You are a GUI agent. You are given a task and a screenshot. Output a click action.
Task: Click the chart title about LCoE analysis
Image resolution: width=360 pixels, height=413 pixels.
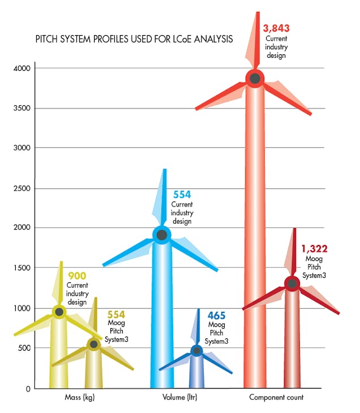(134, 40)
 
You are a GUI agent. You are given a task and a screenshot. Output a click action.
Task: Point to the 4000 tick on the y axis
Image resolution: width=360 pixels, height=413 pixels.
(23, 68)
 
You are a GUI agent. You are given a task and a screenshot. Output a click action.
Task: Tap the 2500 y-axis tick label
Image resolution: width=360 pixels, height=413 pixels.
(23, 188)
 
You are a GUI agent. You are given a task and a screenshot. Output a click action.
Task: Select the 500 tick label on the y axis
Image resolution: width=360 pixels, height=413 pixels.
(25, 349)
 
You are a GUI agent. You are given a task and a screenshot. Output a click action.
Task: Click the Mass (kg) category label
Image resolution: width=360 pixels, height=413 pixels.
(80, 398)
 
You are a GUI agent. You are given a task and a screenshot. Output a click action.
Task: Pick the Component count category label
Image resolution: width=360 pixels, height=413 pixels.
(276, 398)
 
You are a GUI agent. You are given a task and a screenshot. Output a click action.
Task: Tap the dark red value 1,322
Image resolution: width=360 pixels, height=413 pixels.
(314, 248)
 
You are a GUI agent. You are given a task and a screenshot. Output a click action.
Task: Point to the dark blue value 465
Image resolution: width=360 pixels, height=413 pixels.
(217, 315)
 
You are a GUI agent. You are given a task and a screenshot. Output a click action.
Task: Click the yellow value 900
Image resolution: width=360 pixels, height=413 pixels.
(76, 276)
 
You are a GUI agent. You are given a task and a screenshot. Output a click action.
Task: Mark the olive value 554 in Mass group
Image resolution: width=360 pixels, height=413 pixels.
(116, 315)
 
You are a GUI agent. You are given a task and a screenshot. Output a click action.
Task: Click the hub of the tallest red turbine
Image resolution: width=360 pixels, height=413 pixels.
(255, 78)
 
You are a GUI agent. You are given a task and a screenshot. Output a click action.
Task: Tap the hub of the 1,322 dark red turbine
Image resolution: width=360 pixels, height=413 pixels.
(292, 283)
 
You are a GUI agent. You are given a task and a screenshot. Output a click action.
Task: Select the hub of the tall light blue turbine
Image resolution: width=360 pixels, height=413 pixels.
(162, 235)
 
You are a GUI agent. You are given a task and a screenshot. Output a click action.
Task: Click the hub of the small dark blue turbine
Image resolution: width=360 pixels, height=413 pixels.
(196, 351)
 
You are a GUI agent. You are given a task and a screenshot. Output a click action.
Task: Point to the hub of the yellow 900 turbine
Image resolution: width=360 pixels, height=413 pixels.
(59, 312)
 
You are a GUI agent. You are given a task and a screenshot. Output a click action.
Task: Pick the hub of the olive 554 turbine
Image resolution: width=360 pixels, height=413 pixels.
(94, 344)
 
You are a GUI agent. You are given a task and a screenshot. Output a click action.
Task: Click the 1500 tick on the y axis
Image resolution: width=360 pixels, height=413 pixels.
(23, 268)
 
